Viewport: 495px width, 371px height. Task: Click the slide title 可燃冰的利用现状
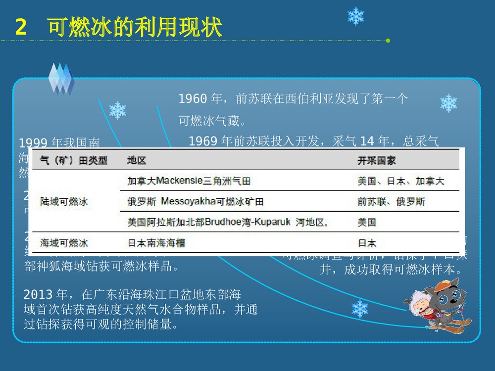pyautogui.click(x=135, y=28)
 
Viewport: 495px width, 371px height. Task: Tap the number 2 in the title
pyautogui.click(x=20, y=28)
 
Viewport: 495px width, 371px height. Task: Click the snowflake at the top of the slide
pyautogui.click(x=355, y=16)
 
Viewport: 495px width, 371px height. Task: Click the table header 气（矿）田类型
pyautogui.click(x=74, y=161)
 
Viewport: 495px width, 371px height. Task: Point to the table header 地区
pyautogui.click(x=137, y=161)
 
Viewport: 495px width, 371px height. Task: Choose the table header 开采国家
pyautogui.click(x=377, y=161)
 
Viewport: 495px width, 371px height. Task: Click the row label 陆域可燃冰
pyautogui.click(x=64, y=202)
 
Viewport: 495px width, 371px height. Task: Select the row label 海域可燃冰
pyautogui.click(x=64, y=243)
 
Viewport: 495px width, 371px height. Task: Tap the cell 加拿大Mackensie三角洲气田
pyautogui.click(x=189, y=181)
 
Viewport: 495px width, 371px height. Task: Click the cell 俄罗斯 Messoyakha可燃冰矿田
pyautogui.click(x=195, y=202)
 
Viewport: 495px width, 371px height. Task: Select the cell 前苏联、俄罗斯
pyautogui.click(x=391, y=202)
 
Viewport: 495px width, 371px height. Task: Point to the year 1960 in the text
pyautogui.click(x=193, y=99)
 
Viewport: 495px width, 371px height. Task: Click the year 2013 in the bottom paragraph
pyautogui.click(x=38, y=295)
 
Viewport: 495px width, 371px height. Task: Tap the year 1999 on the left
pyautogui.click(x=33, y=143)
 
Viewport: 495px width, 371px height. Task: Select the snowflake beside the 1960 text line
pyautogui.click(x=448, y=103)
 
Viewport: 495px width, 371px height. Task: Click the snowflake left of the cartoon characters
pyautogui.click(x=360, y=309)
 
